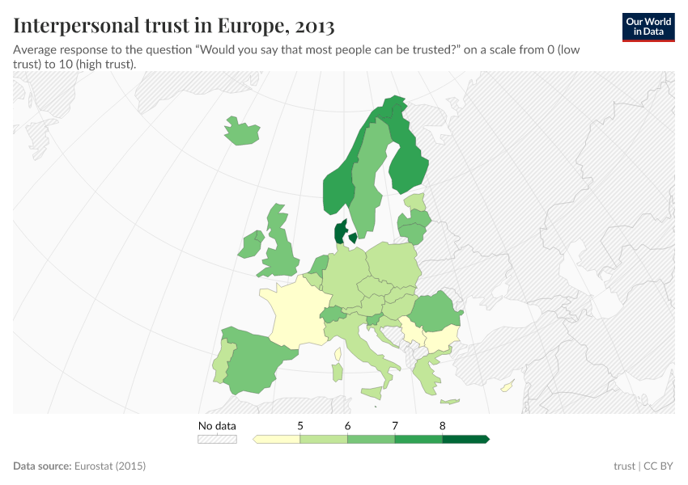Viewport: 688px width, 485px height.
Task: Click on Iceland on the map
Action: click(241, 132)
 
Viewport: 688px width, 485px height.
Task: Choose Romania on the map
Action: click(435, 314)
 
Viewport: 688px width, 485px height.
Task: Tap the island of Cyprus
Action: click(507, 386)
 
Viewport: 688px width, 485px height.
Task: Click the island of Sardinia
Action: click(338, 371)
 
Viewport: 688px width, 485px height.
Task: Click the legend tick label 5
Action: click(300, 425)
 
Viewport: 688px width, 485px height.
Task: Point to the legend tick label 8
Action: click(443, 425)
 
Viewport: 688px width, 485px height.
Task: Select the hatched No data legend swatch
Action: click(217, 439)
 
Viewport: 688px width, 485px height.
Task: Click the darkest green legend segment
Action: click(465, 439)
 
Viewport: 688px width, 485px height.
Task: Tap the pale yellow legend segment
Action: click(277, 439)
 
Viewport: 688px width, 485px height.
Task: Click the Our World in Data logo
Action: click(648, 27)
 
